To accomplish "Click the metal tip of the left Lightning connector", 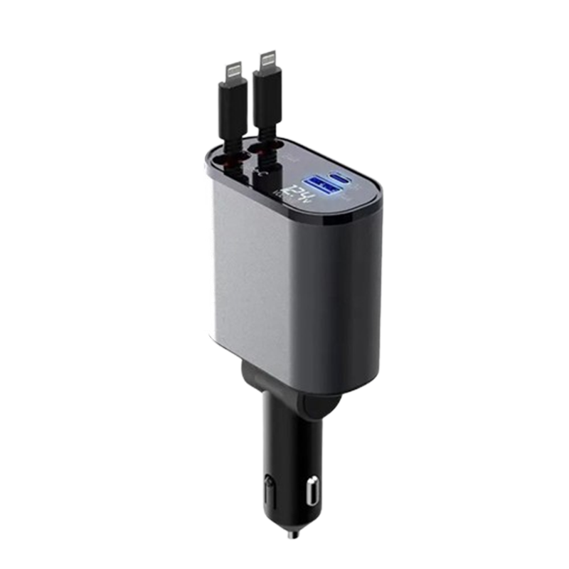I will coord(234,70).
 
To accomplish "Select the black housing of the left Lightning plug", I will coord(233,107).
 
